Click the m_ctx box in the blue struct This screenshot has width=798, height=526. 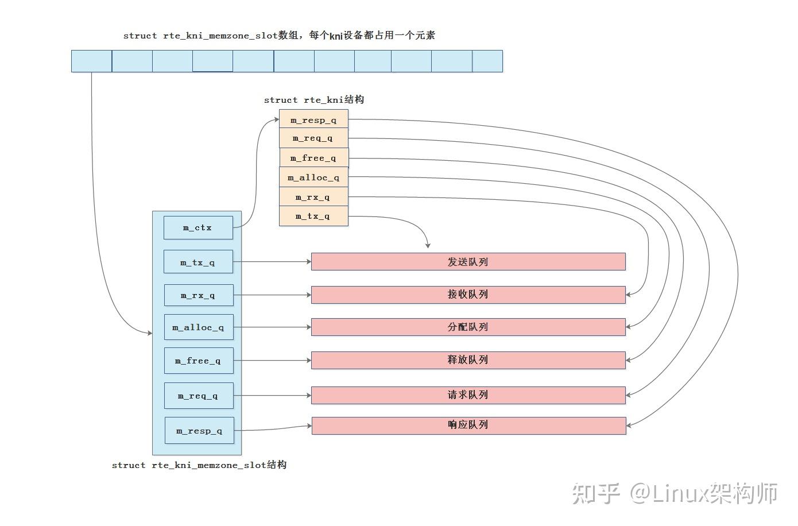point(198,227)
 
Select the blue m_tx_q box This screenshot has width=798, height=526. point(198,262)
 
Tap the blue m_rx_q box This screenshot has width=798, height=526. point(199,295)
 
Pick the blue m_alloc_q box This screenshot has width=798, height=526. point(199,327)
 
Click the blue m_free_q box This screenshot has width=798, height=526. point(199,361)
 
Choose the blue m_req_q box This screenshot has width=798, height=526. point(199,396)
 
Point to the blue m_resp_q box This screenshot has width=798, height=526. point(199,431)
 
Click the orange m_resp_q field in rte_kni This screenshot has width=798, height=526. point(313,119)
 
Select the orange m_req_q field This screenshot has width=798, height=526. point(313,138)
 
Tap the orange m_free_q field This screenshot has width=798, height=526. point(313,157)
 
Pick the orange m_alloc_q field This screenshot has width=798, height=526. point(313,177)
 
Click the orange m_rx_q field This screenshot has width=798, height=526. point(313,197)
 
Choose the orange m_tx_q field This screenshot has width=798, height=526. point(313,216)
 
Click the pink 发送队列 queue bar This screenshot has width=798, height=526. point(468,262)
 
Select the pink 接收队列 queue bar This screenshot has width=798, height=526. point(468,295)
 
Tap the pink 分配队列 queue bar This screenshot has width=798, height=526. point(468,327)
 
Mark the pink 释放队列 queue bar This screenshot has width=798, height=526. point(468,360)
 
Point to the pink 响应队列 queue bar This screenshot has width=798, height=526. point(468,426)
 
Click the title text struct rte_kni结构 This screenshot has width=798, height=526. point(314,100)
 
